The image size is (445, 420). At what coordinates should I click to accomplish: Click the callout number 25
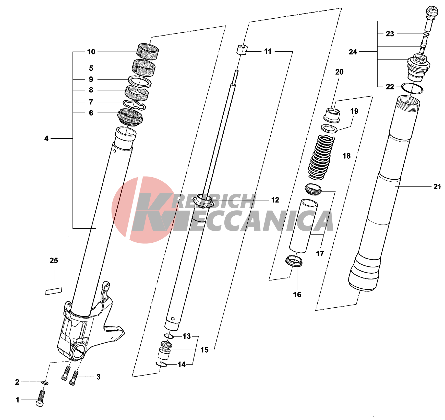click(x=54, y=261)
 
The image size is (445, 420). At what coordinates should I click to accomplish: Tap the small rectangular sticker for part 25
click(x=54, y=291)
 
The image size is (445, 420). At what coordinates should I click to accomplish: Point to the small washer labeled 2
click(x=45, y=383)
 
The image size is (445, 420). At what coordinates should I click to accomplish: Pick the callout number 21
click(x=437, y=187)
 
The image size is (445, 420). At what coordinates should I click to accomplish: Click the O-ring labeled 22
click(x=412, y=88)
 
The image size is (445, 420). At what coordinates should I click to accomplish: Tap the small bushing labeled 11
click(x=242, y=50)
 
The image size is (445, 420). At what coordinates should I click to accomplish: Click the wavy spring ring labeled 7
click(x=134, y=104)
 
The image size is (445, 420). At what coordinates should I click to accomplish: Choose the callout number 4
click(x=46, y=138)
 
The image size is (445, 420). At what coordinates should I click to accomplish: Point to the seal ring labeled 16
click(x=294, y=261)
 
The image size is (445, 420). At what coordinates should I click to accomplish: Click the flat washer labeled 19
click(x=329, y=129)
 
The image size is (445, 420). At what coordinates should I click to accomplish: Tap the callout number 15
click(x=205, y=350)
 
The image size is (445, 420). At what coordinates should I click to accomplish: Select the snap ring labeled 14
click(x=161, y=364)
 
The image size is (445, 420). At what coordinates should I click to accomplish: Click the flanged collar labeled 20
click(x=332, y=115)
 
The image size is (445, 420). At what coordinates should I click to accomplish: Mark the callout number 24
click(x=353, y=52)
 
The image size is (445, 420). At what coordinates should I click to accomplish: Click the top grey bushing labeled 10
click(x=148, y=50)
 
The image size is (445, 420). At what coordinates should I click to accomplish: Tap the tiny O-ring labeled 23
click(x=426, y=34)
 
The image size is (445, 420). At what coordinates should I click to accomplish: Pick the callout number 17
click(x=320, y=254)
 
